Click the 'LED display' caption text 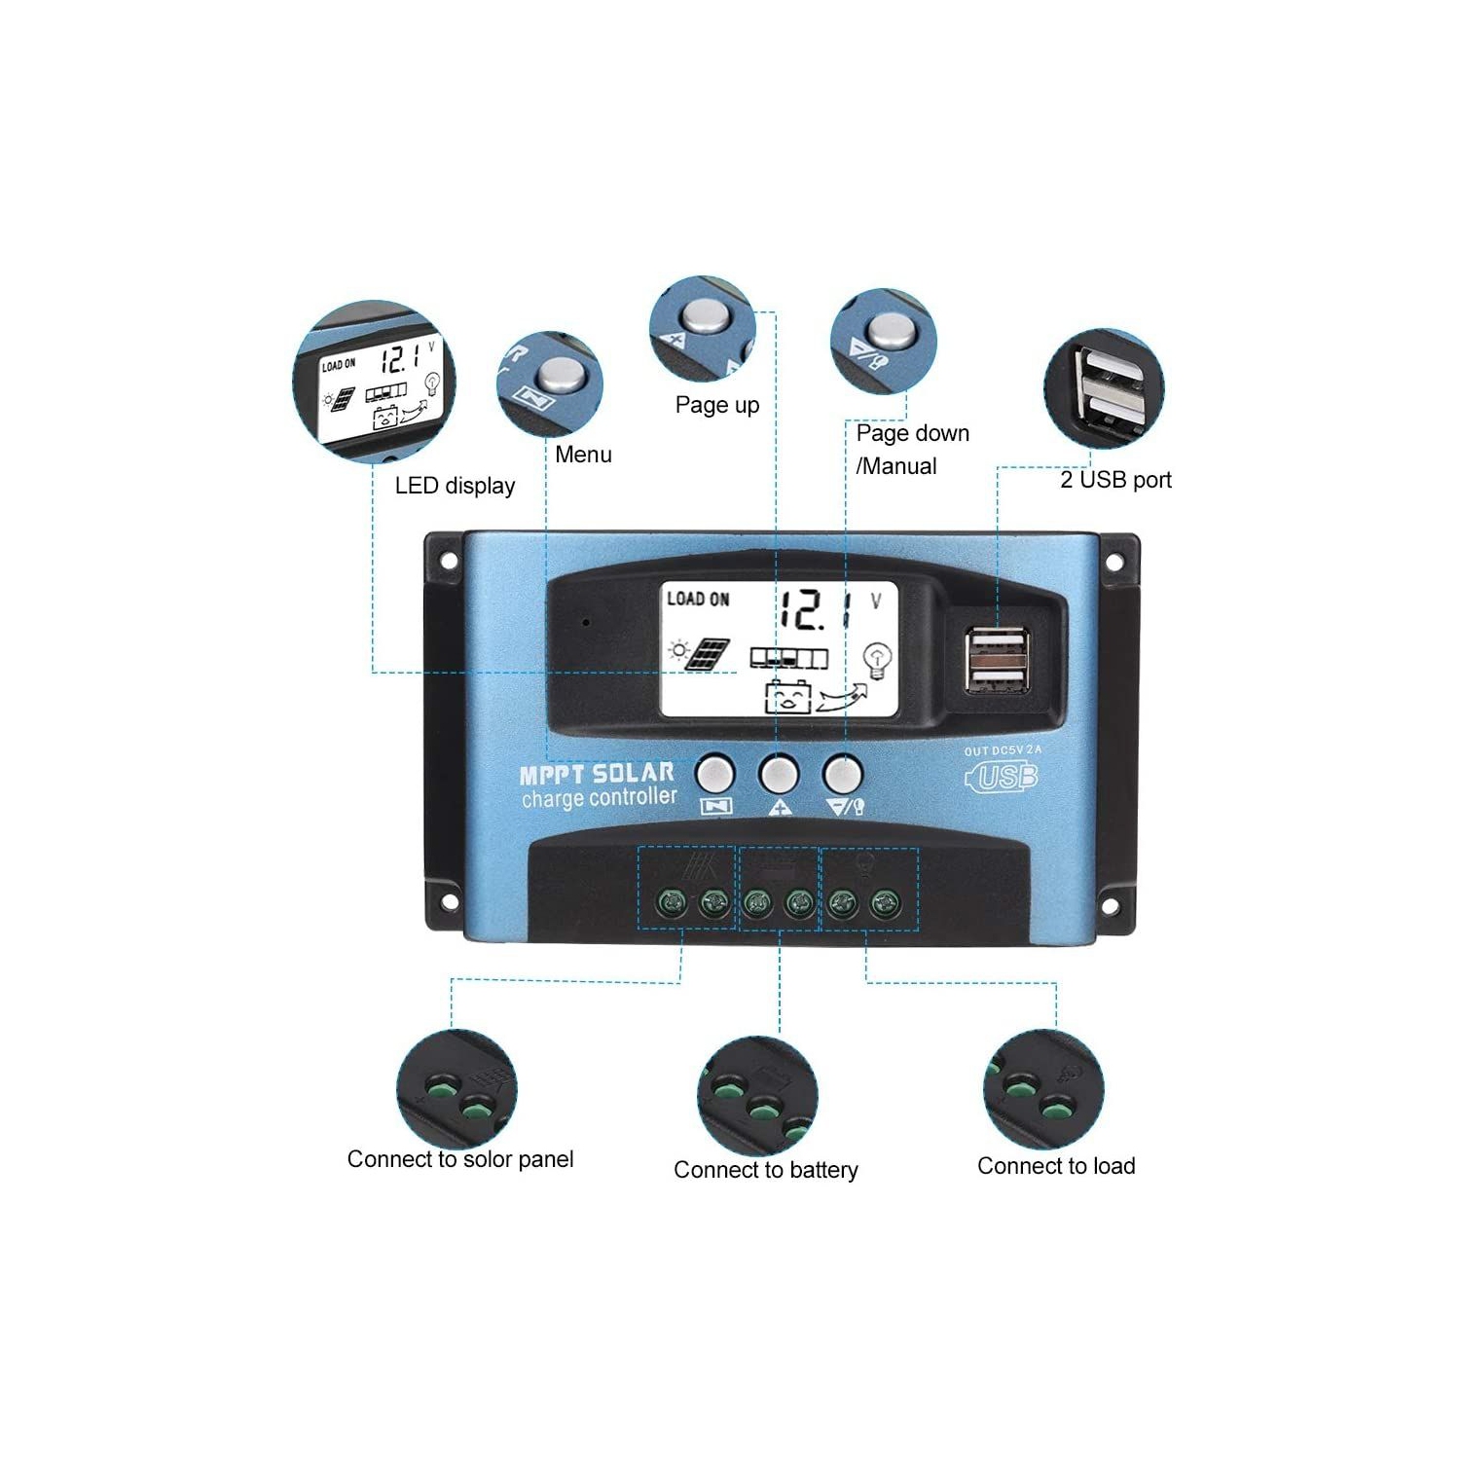coord(455,486)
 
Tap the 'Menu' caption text coord(583,455)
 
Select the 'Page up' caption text coord(717,405)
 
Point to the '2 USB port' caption coord(1115,480)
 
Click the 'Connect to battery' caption coord(766,1170)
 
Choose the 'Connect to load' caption coord(1056,1166)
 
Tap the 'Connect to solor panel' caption coord(460,1159)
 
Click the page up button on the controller coord(779,775)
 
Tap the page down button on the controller coord(842,775)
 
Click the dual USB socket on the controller coord(997,660)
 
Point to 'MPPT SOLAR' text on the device coord(597,774)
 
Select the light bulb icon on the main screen coord(878,660)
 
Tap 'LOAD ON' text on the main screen coord(698,600)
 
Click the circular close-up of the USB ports coord(1103,388)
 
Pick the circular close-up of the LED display coord(375,382)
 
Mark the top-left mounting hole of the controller coord(449,562)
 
